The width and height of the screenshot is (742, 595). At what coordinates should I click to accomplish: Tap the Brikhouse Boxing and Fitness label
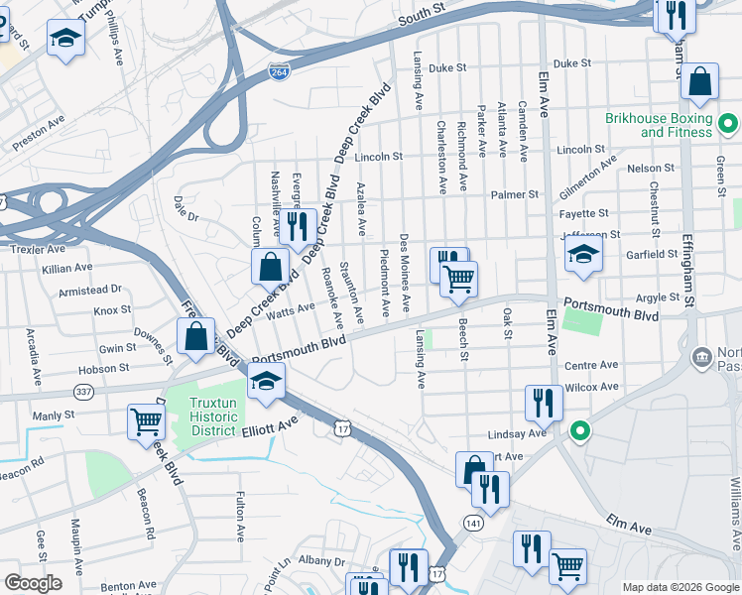point(660,125)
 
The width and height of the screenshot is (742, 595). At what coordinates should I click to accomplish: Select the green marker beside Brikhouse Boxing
point(728,125)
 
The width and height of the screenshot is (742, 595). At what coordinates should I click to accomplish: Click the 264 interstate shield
point(279,70)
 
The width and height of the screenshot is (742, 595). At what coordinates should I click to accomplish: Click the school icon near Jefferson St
point(584,253)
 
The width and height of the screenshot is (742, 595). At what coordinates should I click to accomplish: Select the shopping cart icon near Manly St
point(146,420)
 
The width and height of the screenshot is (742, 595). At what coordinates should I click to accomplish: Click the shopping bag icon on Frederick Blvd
point(196,335)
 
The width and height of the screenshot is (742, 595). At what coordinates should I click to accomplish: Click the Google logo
point(33,583)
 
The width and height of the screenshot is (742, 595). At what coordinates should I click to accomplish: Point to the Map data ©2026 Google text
point(680,587)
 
